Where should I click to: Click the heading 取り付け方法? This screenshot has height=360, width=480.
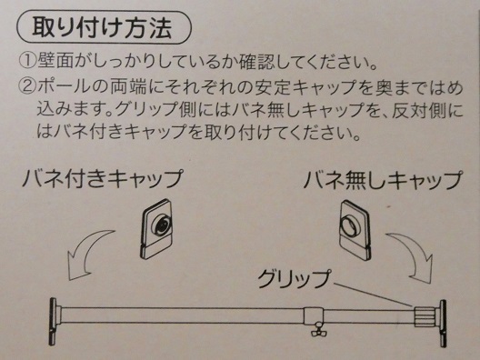point(102,27)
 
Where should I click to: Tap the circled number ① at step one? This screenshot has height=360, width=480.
point(27,60)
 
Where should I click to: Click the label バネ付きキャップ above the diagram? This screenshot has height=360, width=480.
point(103,178)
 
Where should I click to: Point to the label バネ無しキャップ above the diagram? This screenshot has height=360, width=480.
point(383,179)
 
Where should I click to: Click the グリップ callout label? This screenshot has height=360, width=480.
point(294,278)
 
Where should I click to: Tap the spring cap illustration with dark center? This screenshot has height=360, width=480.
point(155,229)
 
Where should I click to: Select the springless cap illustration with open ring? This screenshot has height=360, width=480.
point(355,230)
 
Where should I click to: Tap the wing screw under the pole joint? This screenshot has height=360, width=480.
point(317,330)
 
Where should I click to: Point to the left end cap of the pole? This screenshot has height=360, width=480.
point(54,321)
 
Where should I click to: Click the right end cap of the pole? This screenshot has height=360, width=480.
point(443,323)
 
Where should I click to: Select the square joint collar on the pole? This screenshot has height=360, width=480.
point(314,315)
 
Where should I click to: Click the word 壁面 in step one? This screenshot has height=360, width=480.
point(55,60)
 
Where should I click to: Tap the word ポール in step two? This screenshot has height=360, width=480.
point(64,86)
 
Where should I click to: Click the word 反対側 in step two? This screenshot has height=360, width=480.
point(419,110)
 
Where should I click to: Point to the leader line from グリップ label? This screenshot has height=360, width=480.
point(374,295)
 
